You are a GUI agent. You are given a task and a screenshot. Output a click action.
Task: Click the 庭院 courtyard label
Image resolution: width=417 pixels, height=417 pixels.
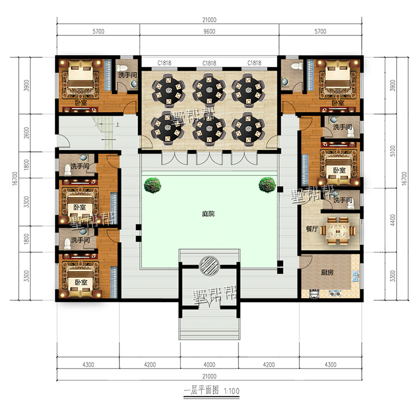coord(208,214)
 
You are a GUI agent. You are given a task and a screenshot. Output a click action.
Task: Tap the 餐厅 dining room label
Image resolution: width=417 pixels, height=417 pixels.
coord(312,229)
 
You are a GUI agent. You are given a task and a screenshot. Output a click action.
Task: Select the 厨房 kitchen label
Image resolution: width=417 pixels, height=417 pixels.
coord(327,272)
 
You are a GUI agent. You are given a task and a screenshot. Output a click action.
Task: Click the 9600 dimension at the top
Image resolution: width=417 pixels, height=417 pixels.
coord(210,31)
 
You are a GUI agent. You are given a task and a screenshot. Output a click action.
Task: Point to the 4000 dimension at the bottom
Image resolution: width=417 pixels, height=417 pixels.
coord(210,364)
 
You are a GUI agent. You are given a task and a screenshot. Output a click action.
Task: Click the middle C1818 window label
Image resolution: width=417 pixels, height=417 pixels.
coord(210,63)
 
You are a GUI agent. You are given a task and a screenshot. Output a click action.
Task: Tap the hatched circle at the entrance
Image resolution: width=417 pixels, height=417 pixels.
coord(210,266)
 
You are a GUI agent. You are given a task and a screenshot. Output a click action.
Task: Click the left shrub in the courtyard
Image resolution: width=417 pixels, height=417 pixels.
coord(153,185)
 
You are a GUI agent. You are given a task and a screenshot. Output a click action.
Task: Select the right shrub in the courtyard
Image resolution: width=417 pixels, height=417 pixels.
coord(267,185)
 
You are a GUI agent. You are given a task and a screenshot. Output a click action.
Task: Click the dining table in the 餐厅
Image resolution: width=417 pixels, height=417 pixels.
coord(337,230)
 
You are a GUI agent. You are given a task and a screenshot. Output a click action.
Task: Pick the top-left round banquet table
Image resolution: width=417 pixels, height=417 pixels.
coord(168,90)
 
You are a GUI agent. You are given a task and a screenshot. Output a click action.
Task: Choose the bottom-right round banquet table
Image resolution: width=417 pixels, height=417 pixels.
coord(248,129)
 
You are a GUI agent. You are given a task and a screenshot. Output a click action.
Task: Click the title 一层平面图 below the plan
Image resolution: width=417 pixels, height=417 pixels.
coord(201,390)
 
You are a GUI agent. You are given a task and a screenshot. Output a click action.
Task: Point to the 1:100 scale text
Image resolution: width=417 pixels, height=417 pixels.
coord(231,391)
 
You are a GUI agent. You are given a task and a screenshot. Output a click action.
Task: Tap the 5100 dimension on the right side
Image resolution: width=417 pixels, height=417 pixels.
coord(393,151)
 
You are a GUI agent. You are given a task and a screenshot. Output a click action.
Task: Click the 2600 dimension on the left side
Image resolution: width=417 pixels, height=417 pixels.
coord(27,132)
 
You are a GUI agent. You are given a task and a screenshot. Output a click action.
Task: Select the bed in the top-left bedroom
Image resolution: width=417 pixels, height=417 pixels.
coord(81,74)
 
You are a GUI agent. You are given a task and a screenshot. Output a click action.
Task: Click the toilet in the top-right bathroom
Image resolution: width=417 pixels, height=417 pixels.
coord(297,66)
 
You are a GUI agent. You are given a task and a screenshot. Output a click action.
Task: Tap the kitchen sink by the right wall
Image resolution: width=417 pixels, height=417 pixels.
coord(355,276)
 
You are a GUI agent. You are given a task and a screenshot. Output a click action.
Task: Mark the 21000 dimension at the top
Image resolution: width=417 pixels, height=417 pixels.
coord(210,20)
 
